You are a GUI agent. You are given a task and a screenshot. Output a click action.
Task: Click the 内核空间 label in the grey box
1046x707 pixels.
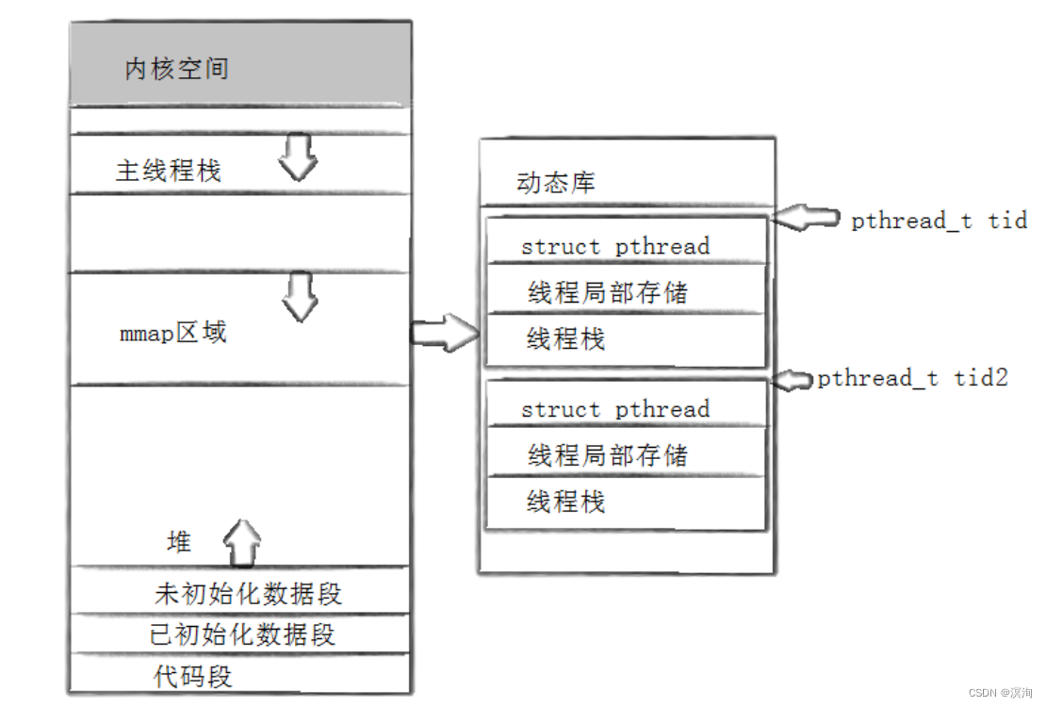pos(177,69)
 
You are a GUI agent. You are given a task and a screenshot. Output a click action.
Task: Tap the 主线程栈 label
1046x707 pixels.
pos(168,171)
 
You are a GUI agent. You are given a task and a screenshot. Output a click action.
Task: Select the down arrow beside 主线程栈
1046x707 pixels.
pos(298,157)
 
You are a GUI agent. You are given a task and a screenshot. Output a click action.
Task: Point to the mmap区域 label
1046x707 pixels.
pos(172,333)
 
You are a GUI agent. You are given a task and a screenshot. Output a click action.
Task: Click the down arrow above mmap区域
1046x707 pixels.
pos(301,297)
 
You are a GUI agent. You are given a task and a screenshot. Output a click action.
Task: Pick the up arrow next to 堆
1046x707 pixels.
pos(241,543)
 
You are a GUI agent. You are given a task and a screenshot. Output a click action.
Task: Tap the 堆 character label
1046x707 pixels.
pos(179,541)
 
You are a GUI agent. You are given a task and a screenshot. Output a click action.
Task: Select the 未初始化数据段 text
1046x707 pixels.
pos(248,594)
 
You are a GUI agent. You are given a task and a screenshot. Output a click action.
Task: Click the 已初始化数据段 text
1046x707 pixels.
pos(242,634)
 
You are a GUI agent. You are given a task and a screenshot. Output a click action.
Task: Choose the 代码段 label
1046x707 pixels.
pos(193,676)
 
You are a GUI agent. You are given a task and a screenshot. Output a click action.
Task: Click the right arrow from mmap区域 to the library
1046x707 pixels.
pos(445,333)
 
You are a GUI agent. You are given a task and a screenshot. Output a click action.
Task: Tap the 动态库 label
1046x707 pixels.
pos(556,182)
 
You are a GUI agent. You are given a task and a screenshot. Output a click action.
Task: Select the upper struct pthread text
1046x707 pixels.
pos(615,246)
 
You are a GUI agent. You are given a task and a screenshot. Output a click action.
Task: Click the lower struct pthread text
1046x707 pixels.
pos(615,409)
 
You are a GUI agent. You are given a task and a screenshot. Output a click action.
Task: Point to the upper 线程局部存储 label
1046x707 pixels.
pos(607,292)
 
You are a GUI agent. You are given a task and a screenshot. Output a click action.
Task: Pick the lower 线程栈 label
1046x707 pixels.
pos(565,501)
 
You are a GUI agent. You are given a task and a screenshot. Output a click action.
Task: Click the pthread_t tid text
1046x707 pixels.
pos(940,221)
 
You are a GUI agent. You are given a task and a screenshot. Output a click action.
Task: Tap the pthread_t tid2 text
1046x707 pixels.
pos(912,379)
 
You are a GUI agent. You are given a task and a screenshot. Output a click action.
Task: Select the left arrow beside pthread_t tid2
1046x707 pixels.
pos(793,381)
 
